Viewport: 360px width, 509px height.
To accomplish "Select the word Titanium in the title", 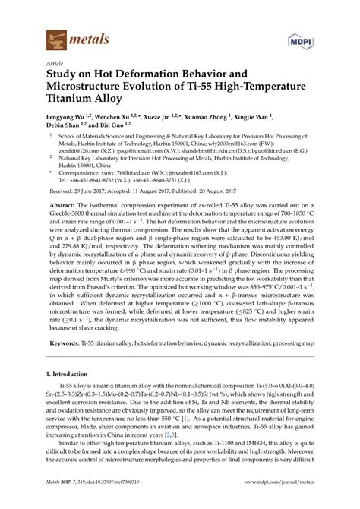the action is click(75, 103).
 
